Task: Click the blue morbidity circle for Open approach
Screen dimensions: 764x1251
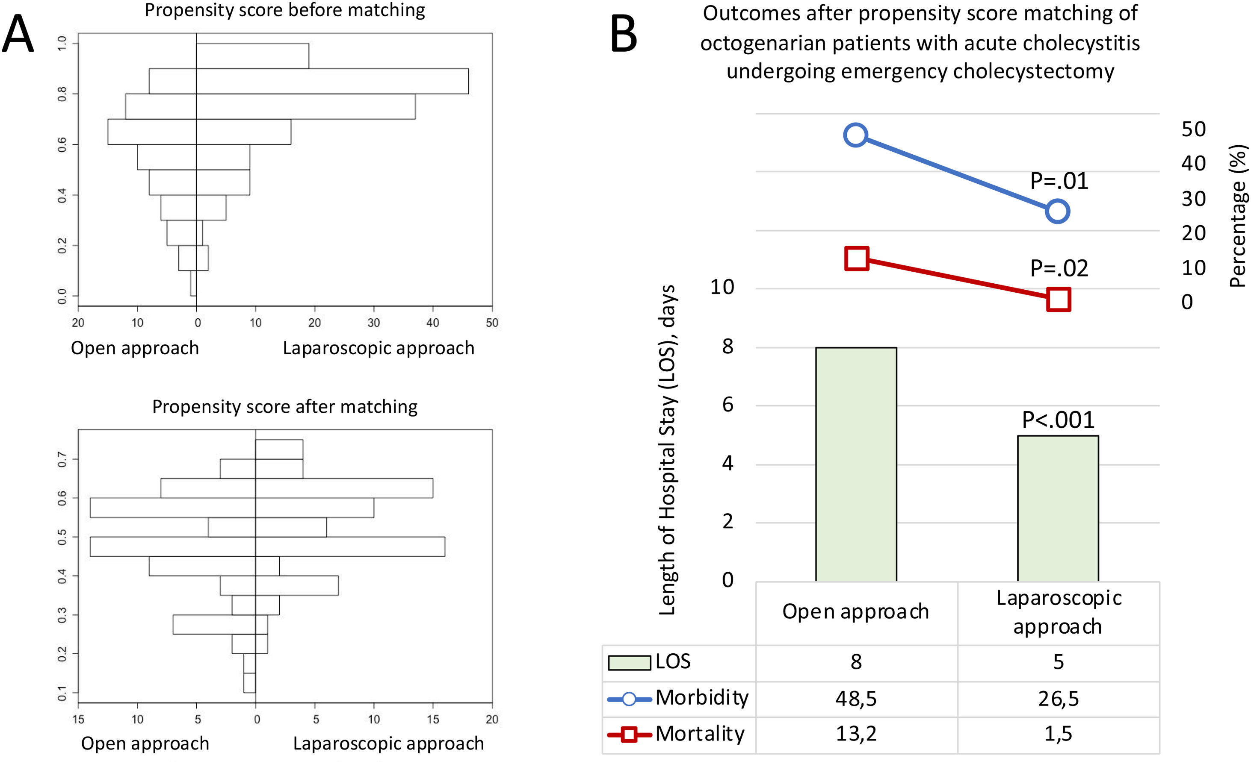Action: click(x=855, y=135)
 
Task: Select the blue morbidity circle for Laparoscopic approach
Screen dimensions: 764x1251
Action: click(x=1058, y=211)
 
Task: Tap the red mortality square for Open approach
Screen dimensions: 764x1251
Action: click(x=857, y=258)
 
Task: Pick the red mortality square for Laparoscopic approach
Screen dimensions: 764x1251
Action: click(x=1059, y=299)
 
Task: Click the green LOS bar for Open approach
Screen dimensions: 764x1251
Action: click(x=856, y=464)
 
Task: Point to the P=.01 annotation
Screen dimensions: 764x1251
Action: click(x=1059, y=181)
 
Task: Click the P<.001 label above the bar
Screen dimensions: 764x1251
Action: click(x=1058, y=420)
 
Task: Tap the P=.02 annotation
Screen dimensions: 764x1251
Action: click(x=1059, y=268)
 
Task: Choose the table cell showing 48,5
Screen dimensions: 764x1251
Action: click(x=856, y=699)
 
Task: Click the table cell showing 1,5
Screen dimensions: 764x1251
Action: click(x=1058, y=734)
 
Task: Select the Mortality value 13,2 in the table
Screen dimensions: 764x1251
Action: click(x=856, y=734)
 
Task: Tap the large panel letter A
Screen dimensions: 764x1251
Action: click(x=18, y=33)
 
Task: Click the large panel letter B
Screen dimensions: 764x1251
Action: click(x=623, y=33)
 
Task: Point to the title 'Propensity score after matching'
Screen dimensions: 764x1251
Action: click(x=285, y=407)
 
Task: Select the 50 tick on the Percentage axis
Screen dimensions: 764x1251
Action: click(x=1193, y=129)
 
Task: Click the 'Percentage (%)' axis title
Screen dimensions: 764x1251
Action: click(x=1238, y=216)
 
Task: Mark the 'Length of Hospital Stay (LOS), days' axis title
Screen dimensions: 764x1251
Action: click(x=667, y=450)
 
